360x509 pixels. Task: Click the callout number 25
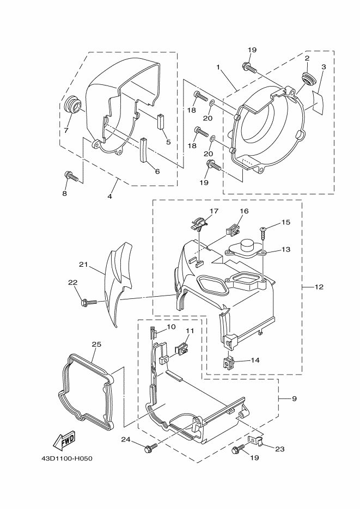[x=96, y=345]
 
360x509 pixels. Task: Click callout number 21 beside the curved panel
[x=83, y=265]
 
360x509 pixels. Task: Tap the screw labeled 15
[x=264, y=233]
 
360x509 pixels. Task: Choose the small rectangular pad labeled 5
[x=161, y=120]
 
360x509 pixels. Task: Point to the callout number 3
[x=323, y=67]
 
